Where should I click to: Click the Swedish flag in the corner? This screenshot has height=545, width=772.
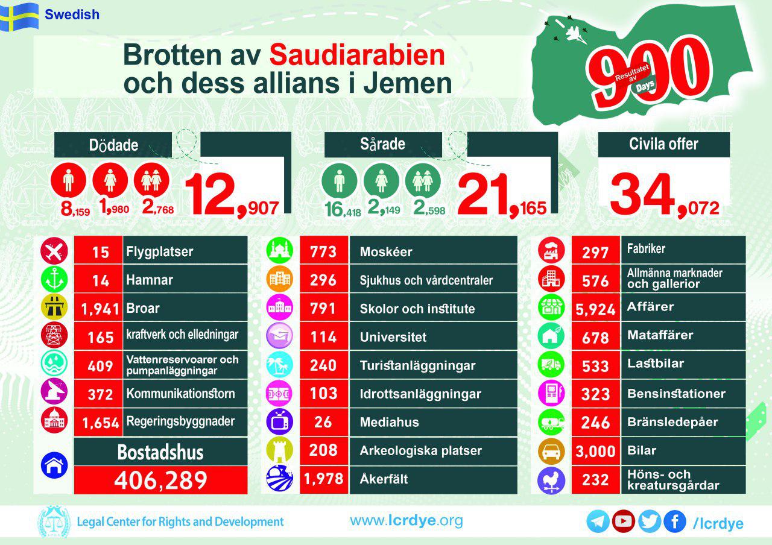(x=19, y=16)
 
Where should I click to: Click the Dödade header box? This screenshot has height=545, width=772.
(x=114, y=145)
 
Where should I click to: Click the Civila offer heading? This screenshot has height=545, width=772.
(x=663, y=144)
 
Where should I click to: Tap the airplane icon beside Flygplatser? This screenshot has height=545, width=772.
(x=54, y=251)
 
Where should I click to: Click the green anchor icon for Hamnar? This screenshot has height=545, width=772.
(x=54, y=279)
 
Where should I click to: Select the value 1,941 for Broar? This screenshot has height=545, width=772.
(x=100, y=309)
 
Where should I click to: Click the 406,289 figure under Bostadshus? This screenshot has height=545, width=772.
(x=160, y=480)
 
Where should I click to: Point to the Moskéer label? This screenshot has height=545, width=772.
(x=386, y=251)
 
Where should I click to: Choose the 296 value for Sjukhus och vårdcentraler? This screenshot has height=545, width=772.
(x=323, y=280)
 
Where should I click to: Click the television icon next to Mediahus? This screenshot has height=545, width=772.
(x=279, y=422)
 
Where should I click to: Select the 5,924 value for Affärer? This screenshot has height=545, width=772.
(x=595, y=309)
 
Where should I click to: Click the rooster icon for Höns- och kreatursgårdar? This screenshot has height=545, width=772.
(x=551, y=480)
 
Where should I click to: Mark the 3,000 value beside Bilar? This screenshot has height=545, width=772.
(x=595, y=451)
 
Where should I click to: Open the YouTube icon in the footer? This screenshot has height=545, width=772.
(x=623, y=521)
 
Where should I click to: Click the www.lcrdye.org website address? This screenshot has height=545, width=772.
(x=407, y=520)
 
